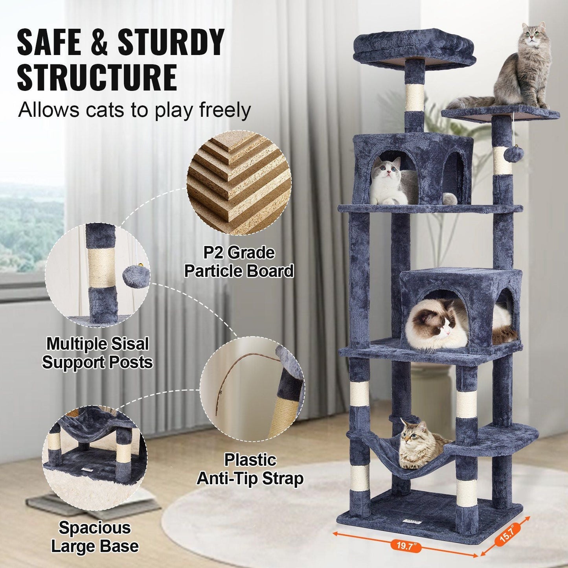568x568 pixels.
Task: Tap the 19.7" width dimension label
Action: point(405,545)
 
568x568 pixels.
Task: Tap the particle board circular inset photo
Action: point(239,183)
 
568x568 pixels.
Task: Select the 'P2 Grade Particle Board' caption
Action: point(239,262)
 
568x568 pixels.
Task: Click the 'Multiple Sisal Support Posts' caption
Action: point(97,353)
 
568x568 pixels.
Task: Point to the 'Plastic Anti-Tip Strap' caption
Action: point(250,469)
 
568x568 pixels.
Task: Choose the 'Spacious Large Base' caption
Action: point(95,537)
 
